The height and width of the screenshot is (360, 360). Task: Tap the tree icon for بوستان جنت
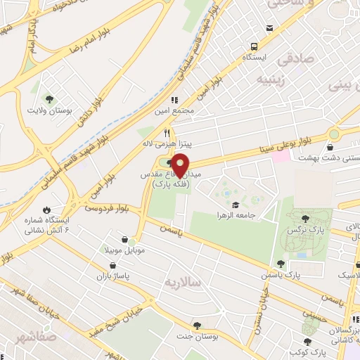click(x=198, y=326)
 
